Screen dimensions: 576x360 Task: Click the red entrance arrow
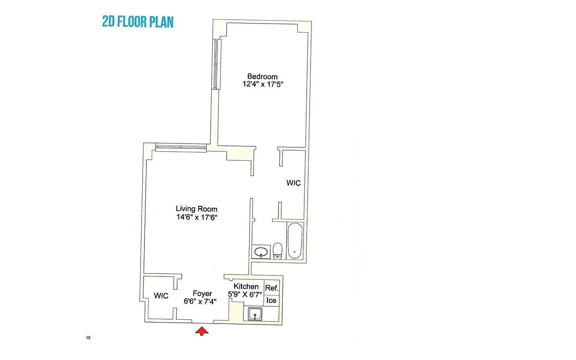(x=202, y=331)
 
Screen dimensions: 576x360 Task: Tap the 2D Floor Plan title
(x=138, y=22)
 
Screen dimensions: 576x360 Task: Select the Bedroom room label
(x=262, y=76)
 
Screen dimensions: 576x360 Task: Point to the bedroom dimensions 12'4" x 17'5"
(x=263, y=84)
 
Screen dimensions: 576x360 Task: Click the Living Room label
(x=196, y=209)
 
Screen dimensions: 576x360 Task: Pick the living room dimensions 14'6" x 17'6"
(x=197, y=217)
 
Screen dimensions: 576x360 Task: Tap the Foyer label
(x=203, y=294)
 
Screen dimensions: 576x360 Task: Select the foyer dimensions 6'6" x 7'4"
(x=200, y=301)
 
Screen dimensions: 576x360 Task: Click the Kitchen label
(x=246, y=286)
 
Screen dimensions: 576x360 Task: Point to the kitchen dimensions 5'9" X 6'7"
(x=245, y=294)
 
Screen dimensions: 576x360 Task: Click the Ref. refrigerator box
(x=272, y=288)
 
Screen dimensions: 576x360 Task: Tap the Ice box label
(x=271, y=300)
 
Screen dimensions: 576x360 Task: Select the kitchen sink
(x=255, y=314)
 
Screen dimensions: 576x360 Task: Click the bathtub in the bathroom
(x=295, y=240)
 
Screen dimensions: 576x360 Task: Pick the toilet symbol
(x=277, y=251)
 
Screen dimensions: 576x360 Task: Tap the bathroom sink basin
(x=261, y=252)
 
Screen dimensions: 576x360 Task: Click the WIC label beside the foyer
(x=161, y=296)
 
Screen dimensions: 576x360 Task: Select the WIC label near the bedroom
(x=293, y=183)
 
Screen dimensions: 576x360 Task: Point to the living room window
(x=181, y=147)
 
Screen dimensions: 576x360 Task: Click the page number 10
(x=88, y=337)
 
